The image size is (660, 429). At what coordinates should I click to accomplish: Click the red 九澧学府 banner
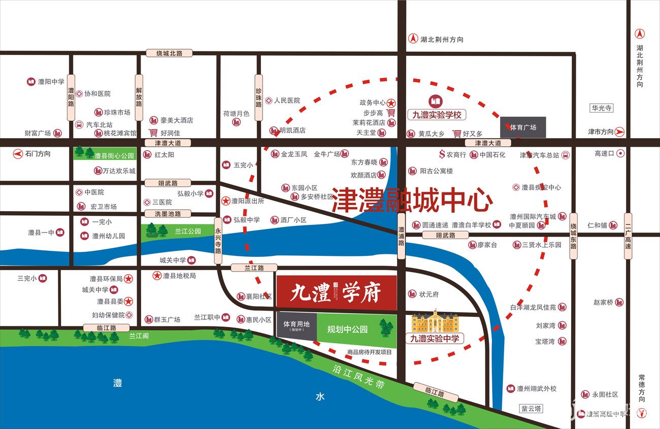pos(336,292)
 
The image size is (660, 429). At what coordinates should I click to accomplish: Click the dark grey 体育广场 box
pos(523,127)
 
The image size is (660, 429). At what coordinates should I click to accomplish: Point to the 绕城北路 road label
pos(169,53)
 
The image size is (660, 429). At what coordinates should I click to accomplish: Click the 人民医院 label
pos(287,101)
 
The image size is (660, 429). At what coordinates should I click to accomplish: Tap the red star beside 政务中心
pos(392,103)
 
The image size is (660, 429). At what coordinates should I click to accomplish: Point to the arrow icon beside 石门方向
pos(18,153)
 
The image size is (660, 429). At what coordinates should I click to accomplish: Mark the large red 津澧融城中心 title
pos(412,201)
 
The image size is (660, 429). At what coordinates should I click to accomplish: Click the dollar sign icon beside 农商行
pos(442,154)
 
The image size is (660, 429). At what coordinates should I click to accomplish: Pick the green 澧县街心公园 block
pos(105,154)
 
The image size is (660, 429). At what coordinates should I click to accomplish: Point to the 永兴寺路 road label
pos(218,240)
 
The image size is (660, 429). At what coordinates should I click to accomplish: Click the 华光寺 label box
pos(602,108)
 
